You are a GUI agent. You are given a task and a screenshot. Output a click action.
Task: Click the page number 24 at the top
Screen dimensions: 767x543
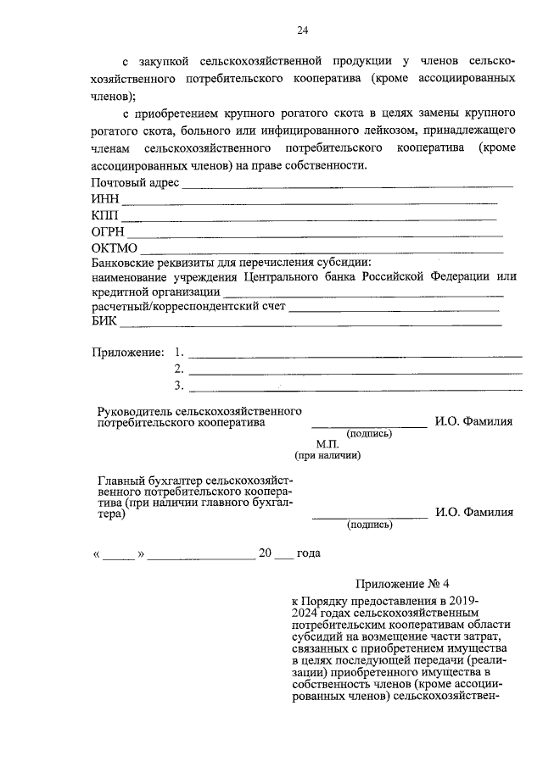point(302,31)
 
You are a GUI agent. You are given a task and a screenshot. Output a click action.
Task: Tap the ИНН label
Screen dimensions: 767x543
point(105,200)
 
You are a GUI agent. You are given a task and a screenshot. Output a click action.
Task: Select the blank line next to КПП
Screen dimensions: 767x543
point(310,218)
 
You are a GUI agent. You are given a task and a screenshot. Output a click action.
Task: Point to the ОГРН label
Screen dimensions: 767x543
point(108,232)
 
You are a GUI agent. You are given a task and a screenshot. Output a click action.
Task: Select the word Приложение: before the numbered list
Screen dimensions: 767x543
point(127,352)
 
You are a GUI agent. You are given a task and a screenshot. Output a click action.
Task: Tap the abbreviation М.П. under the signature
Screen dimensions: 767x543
point(327,444)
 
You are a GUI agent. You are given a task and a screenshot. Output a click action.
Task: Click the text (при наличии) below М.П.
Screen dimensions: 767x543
point(328,456)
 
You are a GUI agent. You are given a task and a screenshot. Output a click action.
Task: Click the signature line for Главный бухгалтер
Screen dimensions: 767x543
point(370,515)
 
